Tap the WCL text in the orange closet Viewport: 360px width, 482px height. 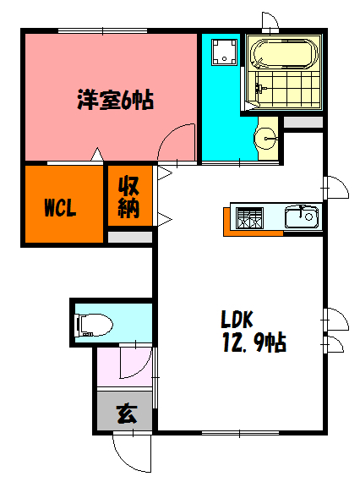click(x=60, y=207)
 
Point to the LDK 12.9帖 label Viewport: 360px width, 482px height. click(x=253, y=332)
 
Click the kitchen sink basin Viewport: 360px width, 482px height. click(x=301, y=217)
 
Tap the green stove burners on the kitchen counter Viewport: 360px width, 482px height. click(x=250, y=217)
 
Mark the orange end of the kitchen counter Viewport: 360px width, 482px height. click(x=227, y=221)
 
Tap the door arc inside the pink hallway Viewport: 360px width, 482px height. click(x=134, y=363)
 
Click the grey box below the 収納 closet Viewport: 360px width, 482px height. click(x=130, y=237)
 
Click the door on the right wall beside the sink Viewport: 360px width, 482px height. click(x=335, y=186)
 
